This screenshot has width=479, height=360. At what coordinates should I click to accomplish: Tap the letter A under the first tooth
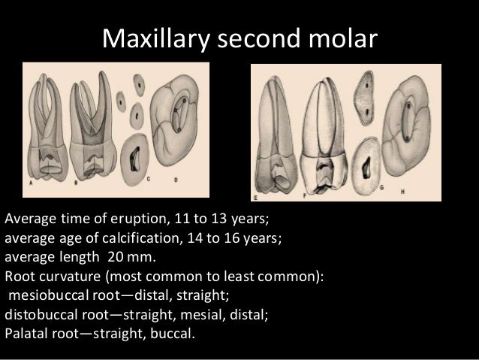coord(30,182)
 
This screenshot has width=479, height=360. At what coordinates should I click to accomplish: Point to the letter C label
coord(149,178)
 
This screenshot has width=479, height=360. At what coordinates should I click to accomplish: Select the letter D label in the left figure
coord(173,178)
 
